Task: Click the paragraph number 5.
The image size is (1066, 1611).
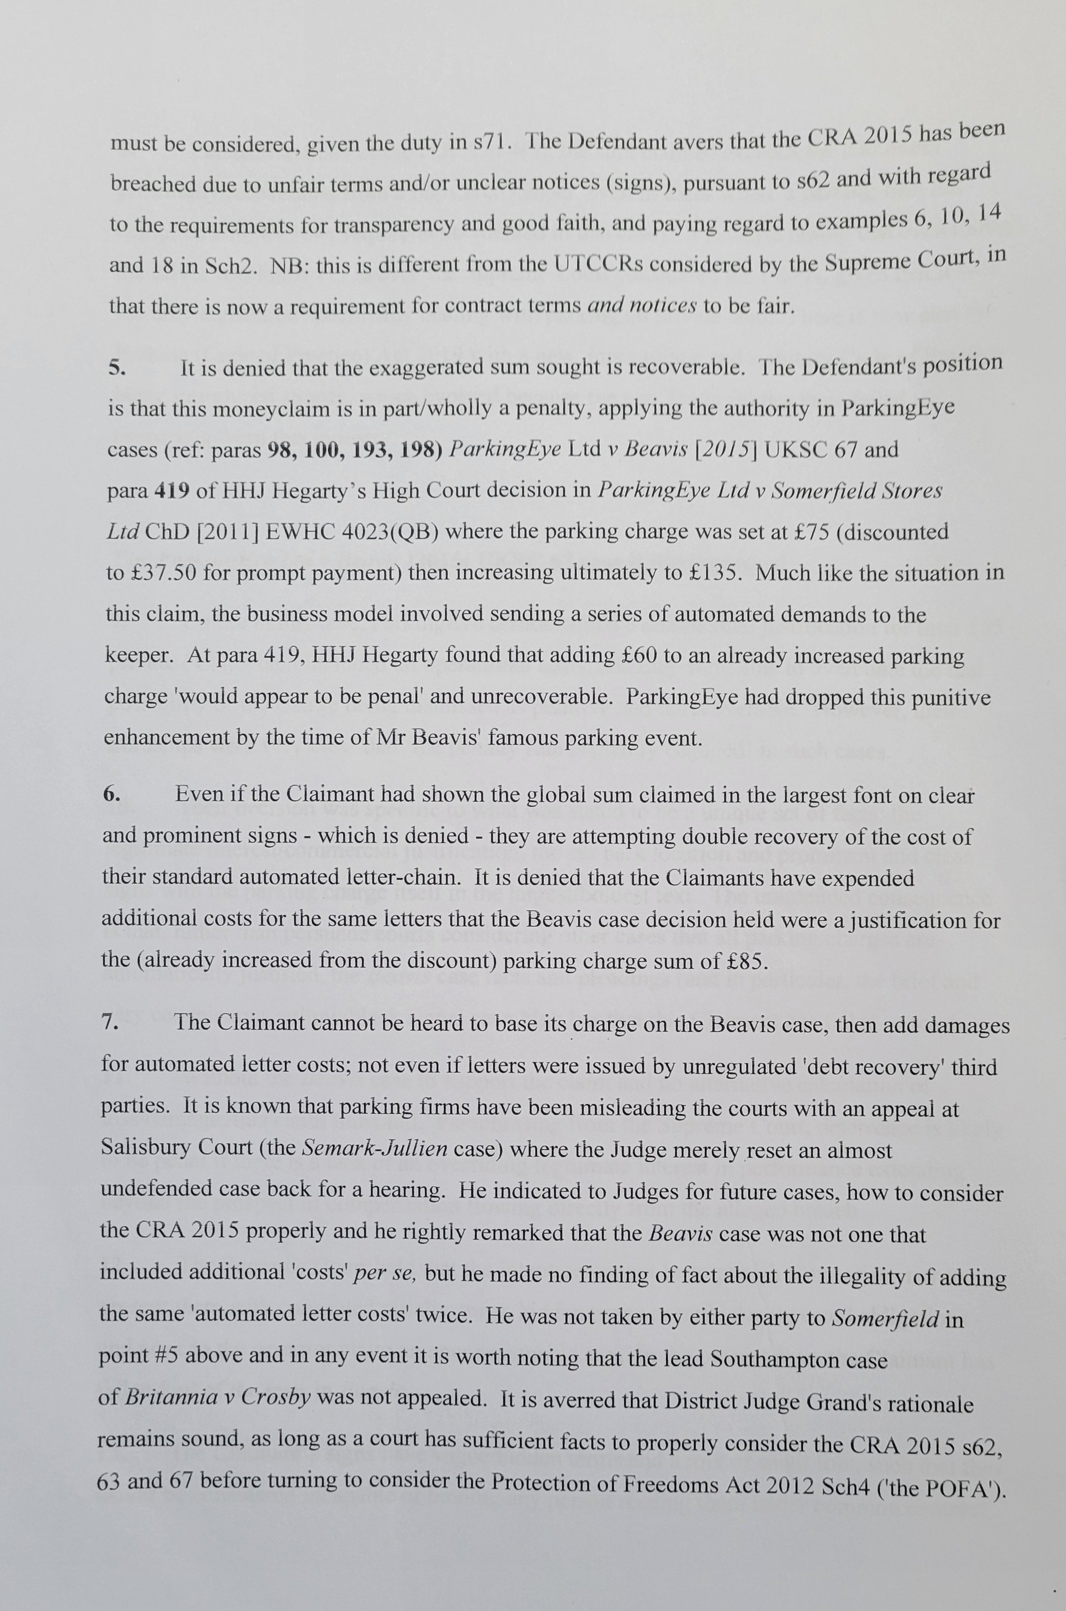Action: pos(116,369)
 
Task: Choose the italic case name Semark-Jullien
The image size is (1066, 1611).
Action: pos(375,1149)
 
